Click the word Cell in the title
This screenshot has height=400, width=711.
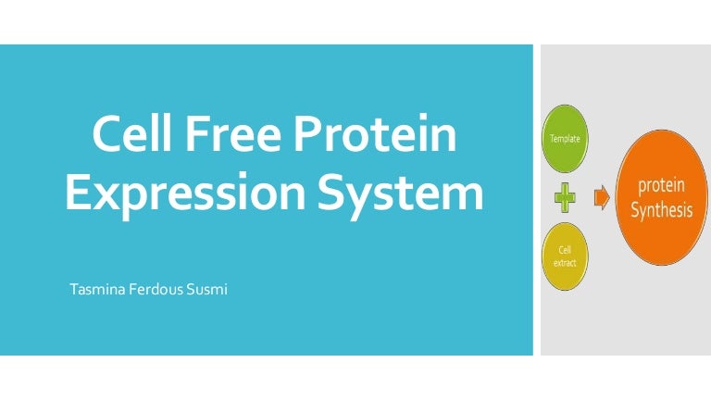[132, 133]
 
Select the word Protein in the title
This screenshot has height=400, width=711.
[375, 133]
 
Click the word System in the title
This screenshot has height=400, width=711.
[400, 193]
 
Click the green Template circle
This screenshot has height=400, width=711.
[565, 139]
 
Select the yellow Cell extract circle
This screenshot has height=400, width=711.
[565, 256]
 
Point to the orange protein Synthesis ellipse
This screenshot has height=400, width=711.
[662, 197]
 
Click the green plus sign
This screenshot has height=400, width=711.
[565, 198]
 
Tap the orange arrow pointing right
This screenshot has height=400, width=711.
[602, 198]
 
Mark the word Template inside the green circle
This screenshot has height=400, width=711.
[565, 139]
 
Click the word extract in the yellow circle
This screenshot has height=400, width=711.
[565, 263]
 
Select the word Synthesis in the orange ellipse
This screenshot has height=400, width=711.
[662, 210]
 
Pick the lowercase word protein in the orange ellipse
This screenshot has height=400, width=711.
[662, 185]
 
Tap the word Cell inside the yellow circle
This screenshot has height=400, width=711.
[565, 250]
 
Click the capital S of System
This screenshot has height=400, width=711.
[331, 193]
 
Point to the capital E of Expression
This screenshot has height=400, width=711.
[79, 193]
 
